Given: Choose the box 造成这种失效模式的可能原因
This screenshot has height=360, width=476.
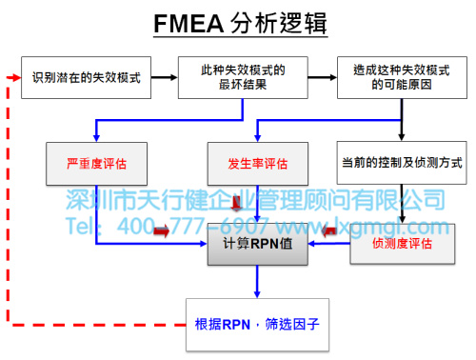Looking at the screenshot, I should coord(400,77).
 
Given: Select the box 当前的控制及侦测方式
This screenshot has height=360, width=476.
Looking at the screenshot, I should coord(400,163).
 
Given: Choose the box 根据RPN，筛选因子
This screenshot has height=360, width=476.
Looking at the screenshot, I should coord(257,323).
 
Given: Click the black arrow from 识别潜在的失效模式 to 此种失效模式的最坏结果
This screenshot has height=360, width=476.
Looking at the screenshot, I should coord(162,77).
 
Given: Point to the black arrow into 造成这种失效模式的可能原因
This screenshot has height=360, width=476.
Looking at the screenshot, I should coord(324,77).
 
